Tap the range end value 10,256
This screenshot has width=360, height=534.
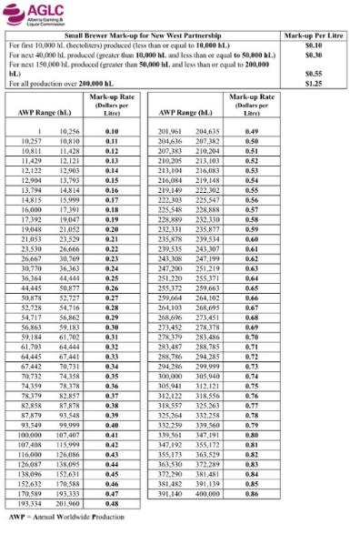tap(68, 133)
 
